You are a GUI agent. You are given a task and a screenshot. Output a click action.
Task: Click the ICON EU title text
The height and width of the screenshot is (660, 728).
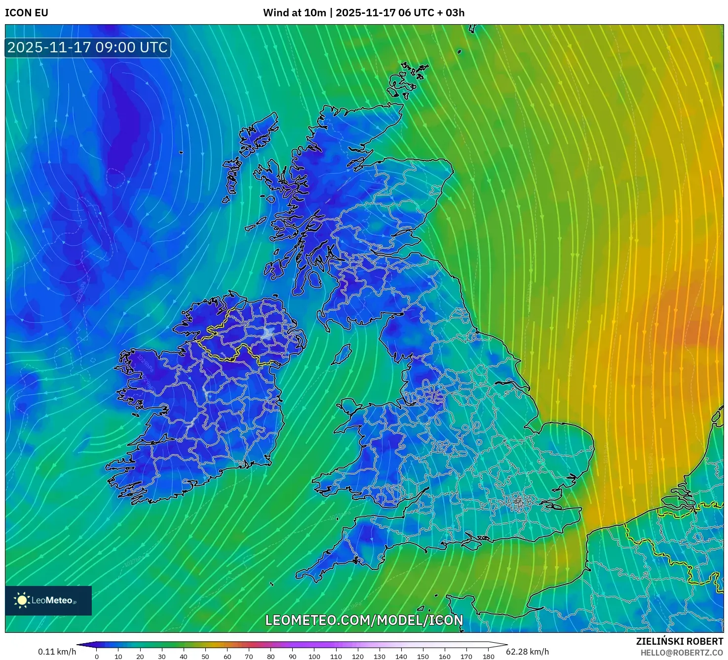27,13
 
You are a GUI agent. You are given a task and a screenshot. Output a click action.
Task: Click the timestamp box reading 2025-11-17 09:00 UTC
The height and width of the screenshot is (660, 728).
88,47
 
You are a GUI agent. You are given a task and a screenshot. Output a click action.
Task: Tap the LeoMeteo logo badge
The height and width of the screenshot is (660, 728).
48,600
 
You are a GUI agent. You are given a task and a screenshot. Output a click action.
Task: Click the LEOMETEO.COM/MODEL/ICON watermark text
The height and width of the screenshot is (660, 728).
364,621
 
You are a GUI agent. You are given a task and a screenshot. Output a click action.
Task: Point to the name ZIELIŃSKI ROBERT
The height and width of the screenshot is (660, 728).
679,641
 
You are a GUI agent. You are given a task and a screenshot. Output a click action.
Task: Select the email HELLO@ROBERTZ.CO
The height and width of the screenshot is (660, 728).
682,653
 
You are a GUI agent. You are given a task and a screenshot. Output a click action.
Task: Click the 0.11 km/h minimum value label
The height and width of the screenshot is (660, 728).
57,652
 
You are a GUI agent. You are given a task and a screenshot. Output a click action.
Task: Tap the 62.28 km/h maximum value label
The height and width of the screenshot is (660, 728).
528,652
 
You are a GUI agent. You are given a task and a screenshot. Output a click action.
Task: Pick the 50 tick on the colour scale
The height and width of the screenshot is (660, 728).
205,656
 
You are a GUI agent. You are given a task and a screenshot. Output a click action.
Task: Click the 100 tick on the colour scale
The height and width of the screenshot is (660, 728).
314,656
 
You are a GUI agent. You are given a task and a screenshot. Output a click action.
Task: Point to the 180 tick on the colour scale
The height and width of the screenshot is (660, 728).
489,656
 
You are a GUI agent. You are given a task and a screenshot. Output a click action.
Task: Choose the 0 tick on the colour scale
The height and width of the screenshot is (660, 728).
97,656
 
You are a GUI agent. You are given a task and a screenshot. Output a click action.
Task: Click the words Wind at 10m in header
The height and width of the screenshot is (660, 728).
294,13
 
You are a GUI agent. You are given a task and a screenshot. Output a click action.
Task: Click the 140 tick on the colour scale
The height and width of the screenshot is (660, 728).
401,656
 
